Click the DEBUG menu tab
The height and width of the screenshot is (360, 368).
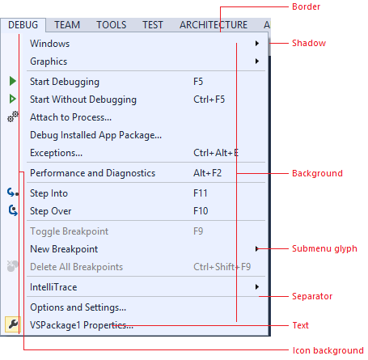click(23, 25)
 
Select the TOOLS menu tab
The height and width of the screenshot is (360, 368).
click(112, 25)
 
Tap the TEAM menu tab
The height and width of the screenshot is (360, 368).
click(67, 25)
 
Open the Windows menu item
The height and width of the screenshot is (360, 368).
click(50, 44)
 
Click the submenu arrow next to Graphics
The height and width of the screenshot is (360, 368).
click(257, 61)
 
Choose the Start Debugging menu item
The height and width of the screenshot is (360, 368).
click(65, 82)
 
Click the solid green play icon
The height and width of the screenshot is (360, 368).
click(12, 81)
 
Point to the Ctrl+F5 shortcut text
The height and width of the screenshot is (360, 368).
click(209, 100)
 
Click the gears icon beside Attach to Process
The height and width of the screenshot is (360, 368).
click(13, 116)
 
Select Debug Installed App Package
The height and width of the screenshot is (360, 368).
click(95, 135)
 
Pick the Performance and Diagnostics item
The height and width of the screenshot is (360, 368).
click(92, 173)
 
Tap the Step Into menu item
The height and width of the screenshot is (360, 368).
click(49, 193)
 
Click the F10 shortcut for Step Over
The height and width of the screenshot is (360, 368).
click(201, 211)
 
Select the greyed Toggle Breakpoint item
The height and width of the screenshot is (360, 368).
click(70, 231)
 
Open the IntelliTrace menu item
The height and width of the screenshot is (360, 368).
click(53, 287)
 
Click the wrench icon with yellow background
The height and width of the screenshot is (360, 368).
click(13, 324)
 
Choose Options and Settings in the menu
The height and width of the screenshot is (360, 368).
click(78, 307)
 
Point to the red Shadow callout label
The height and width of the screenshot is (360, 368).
click(309, 43)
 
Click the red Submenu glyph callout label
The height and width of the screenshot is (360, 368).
click(324, 248)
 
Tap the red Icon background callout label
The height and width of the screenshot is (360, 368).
click(328, 350)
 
